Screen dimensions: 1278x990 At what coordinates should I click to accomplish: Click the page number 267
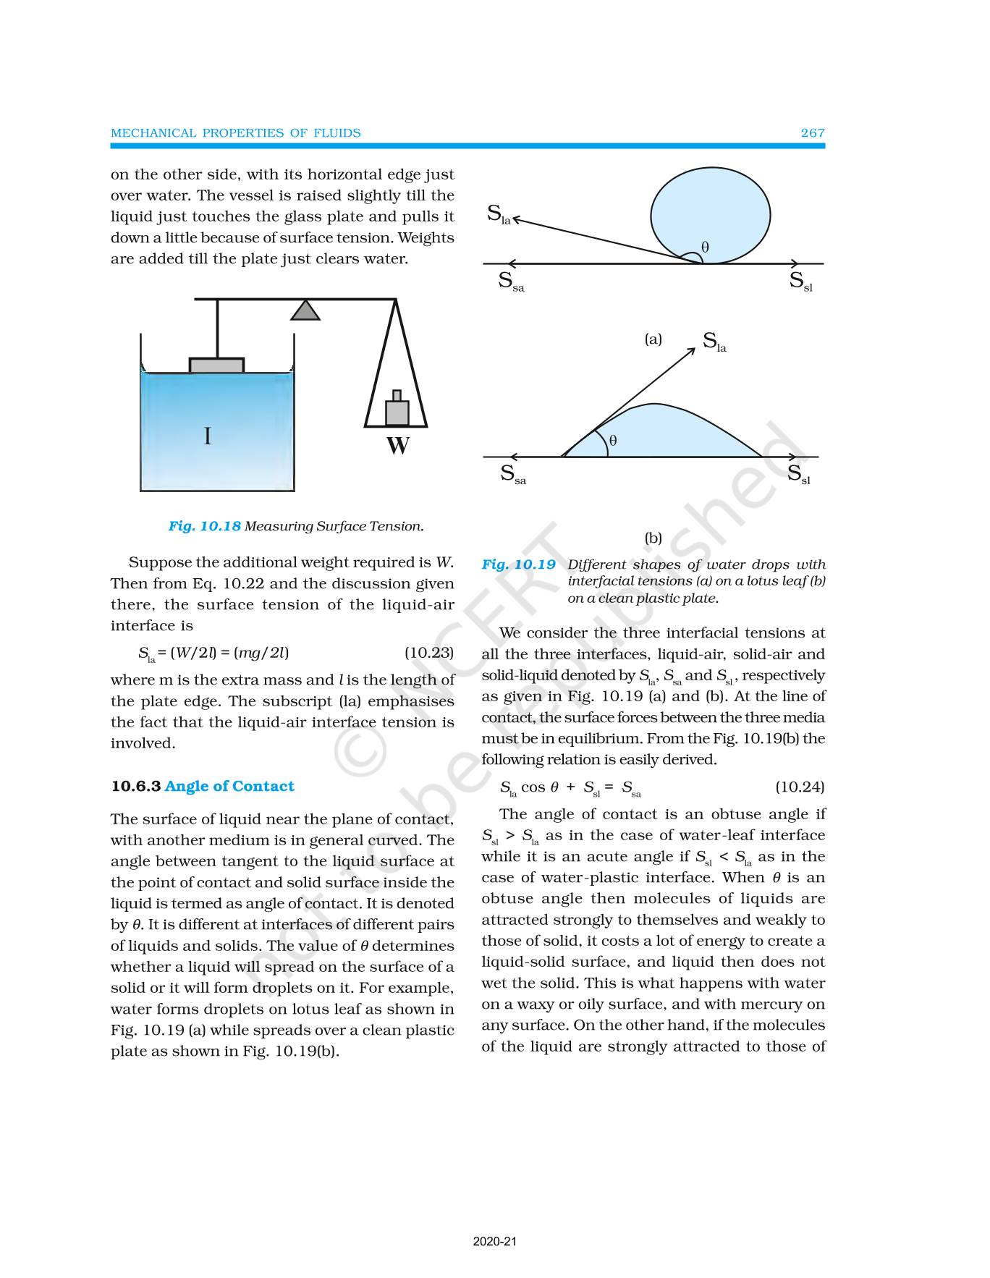point(812,133)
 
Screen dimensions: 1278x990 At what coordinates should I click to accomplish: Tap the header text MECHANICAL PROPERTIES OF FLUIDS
point(235,133)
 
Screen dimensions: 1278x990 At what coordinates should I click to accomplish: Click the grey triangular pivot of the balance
point(305,310)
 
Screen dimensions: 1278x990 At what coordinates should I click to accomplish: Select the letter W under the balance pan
point(397,445)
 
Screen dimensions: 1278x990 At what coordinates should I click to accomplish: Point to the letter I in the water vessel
point(208,436)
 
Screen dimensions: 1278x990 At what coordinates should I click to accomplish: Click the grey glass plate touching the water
point(216,365)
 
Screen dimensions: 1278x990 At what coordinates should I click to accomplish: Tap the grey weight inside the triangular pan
point(397,411)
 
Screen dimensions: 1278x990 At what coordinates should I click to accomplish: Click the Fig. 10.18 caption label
point(204,527)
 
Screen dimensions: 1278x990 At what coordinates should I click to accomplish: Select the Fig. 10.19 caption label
point(518,565)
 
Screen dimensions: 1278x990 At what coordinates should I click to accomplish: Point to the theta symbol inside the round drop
point(706,247)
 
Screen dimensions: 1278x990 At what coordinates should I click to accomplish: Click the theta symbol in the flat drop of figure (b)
point(613,440)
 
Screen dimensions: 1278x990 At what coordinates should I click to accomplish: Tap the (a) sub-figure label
point(653,339)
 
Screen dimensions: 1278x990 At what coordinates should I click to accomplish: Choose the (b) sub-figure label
point(653,538)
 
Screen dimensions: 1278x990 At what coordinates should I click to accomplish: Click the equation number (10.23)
point(428,653)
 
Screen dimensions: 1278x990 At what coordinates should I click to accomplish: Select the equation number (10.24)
point(799,787)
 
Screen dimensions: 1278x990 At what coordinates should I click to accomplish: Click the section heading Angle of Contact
point(229,787)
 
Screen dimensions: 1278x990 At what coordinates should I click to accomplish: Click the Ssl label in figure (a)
point(800,282)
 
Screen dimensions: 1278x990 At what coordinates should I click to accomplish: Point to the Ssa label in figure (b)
point(513,475)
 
